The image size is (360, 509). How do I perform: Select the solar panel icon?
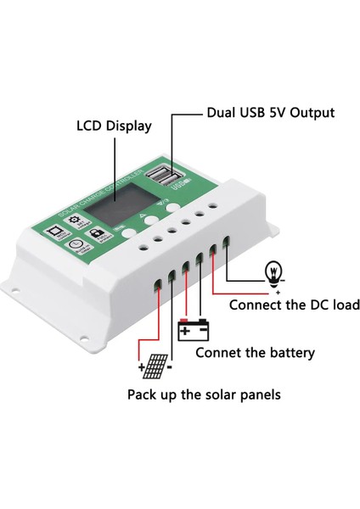coord(155,366)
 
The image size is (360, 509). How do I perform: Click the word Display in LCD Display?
coord(127,126)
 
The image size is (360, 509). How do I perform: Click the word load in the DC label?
coord(342,305)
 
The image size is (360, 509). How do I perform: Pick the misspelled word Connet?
coord(222,352)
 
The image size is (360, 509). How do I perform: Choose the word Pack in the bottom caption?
coord(142,394)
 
